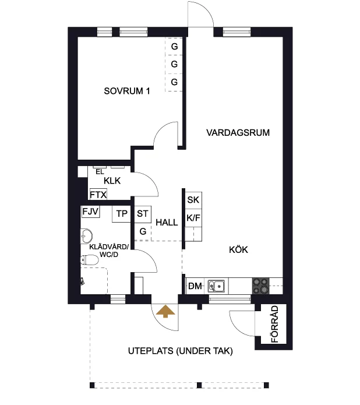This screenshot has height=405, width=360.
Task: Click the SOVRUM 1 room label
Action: [127, 91]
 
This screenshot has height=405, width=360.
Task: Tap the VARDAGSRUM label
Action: [238, 132]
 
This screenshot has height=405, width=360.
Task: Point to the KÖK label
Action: [238, 250]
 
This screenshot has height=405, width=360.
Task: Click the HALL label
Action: [167, 223]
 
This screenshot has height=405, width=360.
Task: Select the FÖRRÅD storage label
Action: [275, 324]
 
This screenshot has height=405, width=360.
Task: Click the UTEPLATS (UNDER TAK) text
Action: [180, 351]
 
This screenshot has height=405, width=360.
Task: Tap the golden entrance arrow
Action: [165, 311]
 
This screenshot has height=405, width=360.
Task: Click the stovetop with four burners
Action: [260, 286]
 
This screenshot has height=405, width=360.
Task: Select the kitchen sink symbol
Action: [217, 286]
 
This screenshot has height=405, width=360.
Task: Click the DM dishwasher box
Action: [195, 286]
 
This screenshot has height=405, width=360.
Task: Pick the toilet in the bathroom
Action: [89, 260]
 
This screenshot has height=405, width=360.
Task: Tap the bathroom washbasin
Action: [87, 236]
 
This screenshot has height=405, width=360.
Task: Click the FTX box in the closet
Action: [98, 194]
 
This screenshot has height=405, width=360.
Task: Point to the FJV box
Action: [90, 212]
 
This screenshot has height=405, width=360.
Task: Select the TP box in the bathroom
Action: [121, 214]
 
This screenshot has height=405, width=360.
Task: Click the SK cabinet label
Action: [193, 200]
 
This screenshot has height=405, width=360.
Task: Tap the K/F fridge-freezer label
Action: [193, 218]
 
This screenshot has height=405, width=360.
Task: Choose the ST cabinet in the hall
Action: [143, 214]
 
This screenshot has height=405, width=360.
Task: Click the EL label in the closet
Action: [100, 172]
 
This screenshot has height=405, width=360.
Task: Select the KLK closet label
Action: [112, 181]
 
